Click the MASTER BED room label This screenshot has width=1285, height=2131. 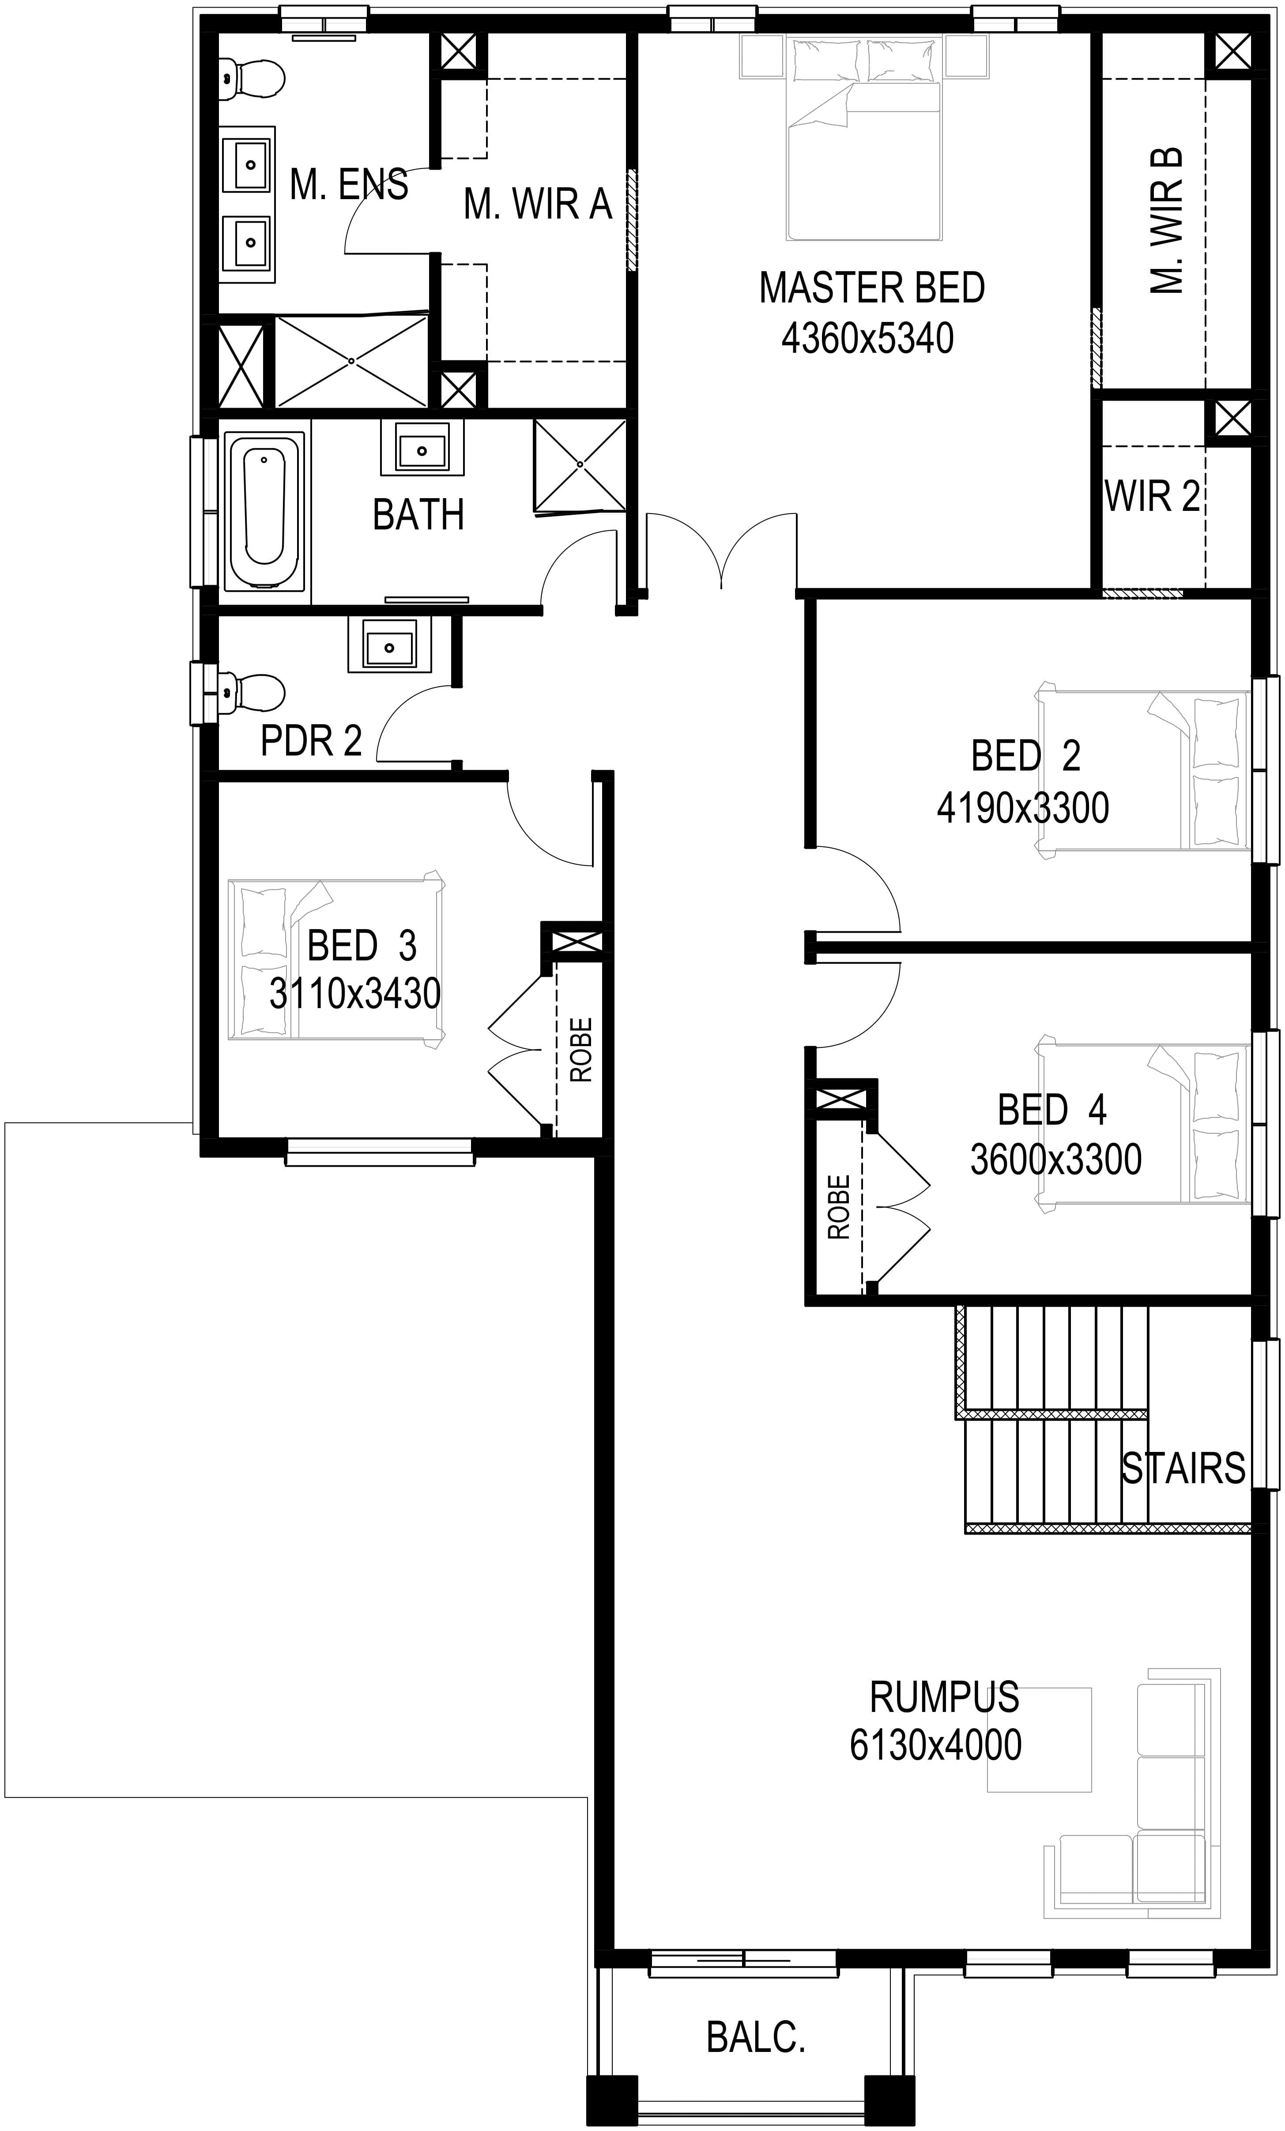(x=872, y=288)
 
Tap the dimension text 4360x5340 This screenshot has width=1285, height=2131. (x=867, y=338)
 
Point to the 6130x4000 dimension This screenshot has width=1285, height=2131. (x=936, y=1745)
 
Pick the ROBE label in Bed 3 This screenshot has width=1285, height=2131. (x=581, y=1050)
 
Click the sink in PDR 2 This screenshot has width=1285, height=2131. (x=389, y=644)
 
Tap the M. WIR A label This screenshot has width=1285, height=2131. (x=538, y=204)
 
